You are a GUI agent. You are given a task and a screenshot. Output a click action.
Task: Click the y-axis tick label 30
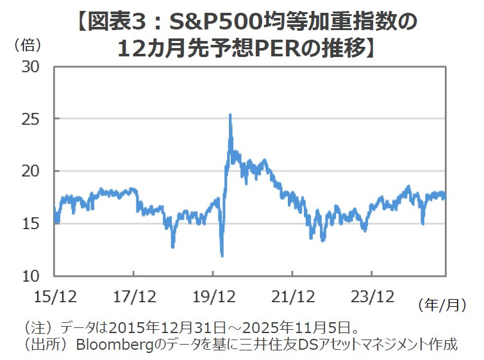[31, 67]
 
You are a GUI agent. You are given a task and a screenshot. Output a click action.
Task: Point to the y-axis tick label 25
[31, 120]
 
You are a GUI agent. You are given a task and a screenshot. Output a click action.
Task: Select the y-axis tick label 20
[31, 172]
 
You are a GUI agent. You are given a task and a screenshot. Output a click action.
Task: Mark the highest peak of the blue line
[230, 115]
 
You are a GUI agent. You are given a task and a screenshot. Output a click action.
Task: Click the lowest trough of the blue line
[222, 256]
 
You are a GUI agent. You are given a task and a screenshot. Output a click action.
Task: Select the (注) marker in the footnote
[36, 326]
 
